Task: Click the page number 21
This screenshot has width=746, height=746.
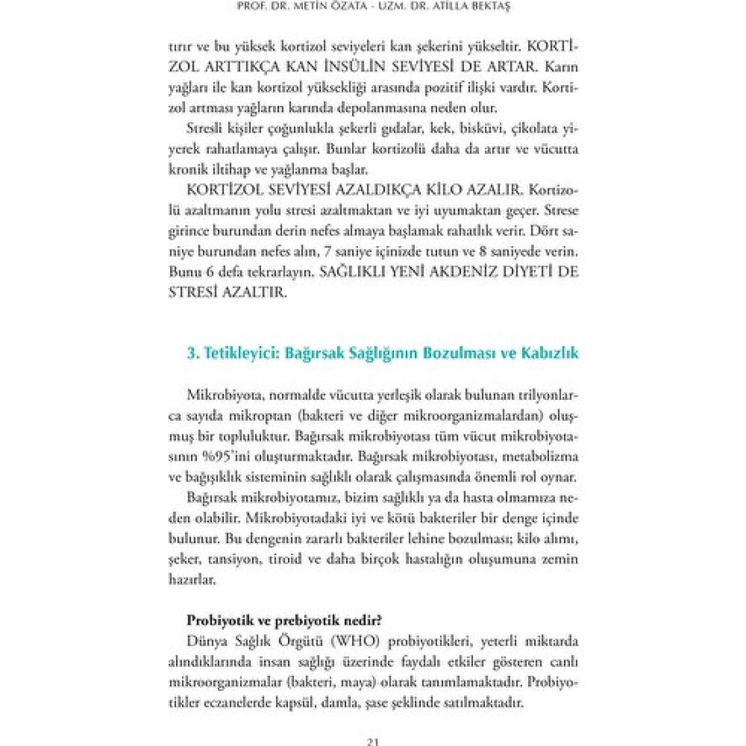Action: (x=373, y=741)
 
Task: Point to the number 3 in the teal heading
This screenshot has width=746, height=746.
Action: (x=190, y=353)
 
